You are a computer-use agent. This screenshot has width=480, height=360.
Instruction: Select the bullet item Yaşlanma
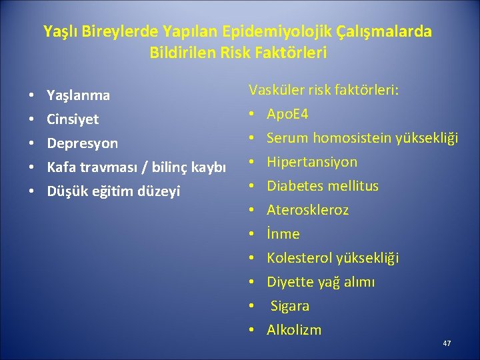78,95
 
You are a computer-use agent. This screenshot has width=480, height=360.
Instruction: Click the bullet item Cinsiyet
73,119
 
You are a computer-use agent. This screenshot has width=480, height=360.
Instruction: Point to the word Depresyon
82,143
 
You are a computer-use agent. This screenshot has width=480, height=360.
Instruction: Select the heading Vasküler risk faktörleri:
324,90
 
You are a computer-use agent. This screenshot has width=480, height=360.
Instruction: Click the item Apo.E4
287,114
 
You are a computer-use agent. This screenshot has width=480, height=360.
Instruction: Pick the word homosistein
350,138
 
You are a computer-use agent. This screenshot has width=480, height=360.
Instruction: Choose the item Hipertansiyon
312,162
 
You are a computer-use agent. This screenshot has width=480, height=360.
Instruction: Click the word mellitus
354,186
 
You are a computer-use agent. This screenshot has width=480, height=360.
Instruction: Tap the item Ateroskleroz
307,210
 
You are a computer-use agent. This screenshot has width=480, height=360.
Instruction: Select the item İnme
283,234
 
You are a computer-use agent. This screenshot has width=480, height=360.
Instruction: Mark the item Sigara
290,306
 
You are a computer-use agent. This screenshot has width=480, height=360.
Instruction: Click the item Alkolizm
294,330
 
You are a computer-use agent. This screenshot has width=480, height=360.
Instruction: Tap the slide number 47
447,343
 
